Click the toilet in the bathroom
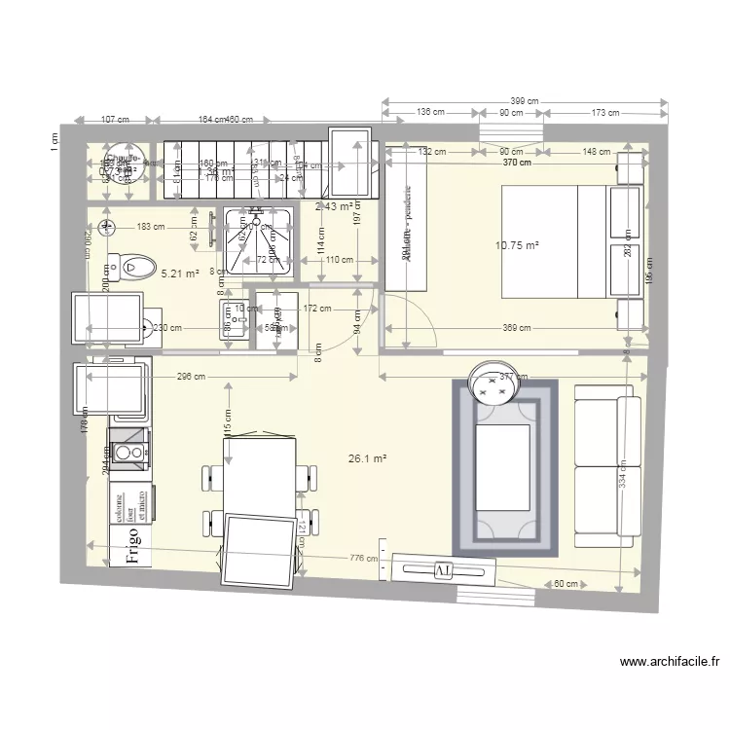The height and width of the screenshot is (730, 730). (131, 264)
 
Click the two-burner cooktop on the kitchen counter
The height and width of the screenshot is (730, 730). (128, 452)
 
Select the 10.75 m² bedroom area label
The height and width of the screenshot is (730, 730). (517, 246)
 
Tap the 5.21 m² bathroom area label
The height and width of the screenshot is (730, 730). (180, 274)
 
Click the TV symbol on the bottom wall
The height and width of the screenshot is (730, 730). (443, 568)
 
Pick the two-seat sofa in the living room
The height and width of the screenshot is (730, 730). (607, 466)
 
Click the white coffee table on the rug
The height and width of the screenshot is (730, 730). (501, 467)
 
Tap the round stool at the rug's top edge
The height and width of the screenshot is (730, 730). (492, 382)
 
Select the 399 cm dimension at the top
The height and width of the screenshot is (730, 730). (524, 101)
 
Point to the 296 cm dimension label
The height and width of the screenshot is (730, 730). (193, 377)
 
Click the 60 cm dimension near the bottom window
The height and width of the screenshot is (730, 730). (566, 584)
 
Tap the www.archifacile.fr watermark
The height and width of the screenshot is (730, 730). (670, 662)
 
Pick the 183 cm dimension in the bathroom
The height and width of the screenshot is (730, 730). (151, 227)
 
